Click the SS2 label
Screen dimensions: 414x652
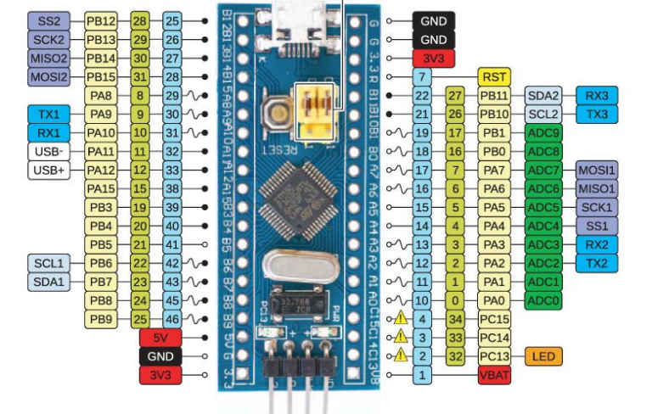tap(48, 20)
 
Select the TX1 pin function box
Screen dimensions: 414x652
tap(48, 114)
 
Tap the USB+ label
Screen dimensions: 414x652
tap(48, 170)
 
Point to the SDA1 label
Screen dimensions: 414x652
tap(48, 281)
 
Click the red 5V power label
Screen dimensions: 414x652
tap(160, 338)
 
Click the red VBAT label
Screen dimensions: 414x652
tap(494, 375)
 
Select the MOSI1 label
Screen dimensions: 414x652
tap(597, 170)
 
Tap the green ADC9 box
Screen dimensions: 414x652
tap(542, 133)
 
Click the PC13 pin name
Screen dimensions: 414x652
tap(494, 356)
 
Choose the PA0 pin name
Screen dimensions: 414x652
tap(494, 300)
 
